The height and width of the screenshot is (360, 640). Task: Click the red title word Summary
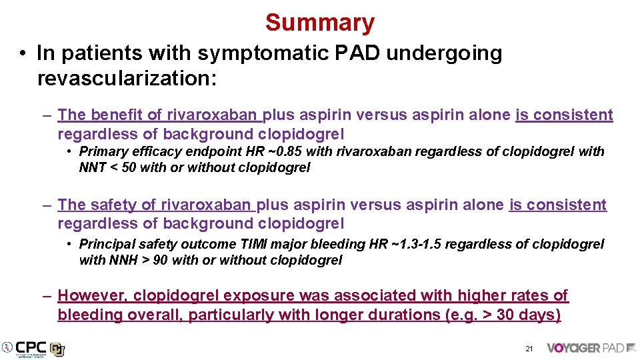click(320, 23)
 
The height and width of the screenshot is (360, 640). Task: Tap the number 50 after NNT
click(129, 167)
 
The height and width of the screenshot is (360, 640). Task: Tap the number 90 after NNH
click(161, 260)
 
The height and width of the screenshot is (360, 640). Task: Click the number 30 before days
click(506, 315)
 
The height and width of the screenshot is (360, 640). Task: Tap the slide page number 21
click(529, 349)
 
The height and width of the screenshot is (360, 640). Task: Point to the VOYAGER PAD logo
click(591, 348)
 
